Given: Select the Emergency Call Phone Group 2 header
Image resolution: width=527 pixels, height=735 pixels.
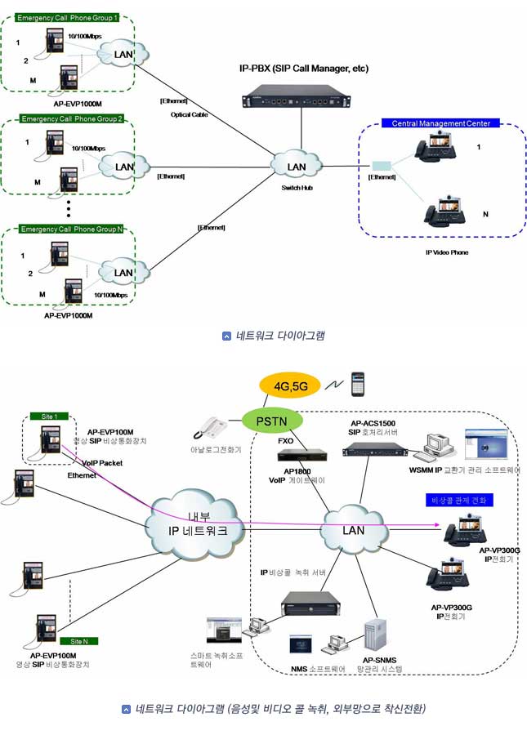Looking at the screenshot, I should tap(72, 119).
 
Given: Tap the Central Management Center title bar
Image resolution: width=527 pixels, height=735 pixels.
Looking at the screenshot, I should tap(440, 123).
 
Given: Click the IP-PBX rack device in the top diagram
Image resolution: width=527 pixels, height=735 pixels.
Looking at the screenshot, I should tap(302, 100).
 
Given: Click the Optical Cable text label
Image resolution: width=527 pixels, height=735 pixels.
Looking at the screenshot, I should tap(189, 115).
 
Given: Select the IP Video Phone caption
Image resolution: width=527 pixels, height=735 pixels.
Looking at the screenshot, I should tap(447, 252).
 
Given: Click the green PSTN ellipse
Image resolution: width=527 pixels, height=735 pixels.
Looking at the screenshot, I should tap(273, 421).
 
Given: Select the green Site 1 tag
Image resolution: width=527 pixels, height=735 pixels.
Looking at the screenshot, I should tap(49, 416).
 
